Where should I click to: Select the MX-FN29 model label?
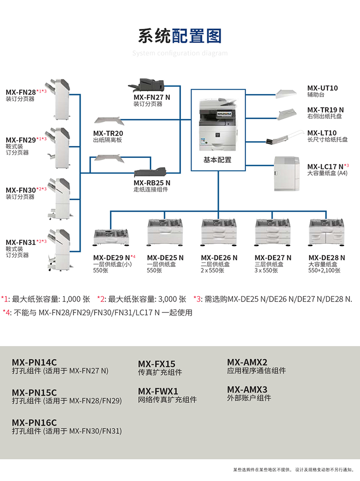tap(21, 140)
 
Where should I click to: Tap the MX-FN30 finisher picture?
tap(60, 198)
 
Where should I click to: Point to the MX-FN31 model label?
tap(21, 242)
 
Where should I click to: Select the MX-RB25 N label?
tap(152, 182)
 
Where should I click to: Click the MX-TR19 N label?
tap(325, 110)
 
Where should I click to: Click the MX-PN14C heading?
tap(34, 362)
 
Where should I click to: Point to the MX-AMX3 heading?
tap(247, 389)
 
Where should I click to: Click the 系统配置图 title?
tap(180, 36)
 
